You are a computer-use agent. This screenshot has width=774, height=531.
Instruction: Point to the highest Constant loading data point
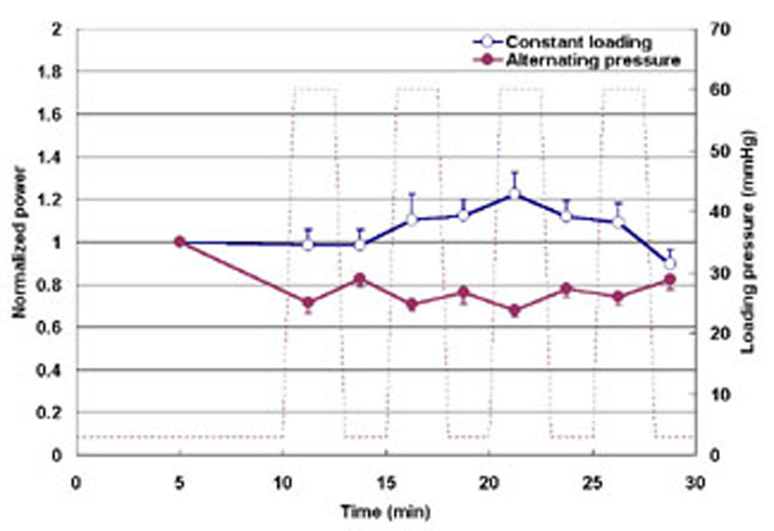click(x=514, y=194)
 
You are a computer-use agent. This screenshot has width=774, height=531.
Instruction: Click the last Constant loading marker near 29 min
click(x=670, y=263)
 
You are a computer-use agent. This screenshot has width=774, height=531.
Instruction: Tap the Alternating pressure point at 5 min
click(x=180, y=242)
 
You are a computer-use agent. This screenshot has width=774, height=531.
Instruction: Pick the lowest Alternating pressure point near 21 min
click(x=514, y=311)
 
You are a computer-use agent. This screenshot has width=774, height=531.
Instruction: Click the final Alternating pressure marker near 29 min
click(x=670, y=280)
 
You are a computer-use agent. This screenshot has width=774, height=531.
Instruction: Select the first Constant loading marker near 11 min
click(x=308, y=244)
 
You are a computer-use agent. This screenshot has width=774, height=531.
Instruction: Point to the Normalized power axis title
click(x=18, y=242)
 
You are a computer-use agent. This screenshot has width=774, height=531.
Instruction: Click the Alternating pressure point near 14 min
click(x=359, y=279)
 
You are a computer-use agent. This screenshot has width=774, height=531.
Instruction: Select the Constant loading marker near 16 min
click(x=411, y=219)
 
